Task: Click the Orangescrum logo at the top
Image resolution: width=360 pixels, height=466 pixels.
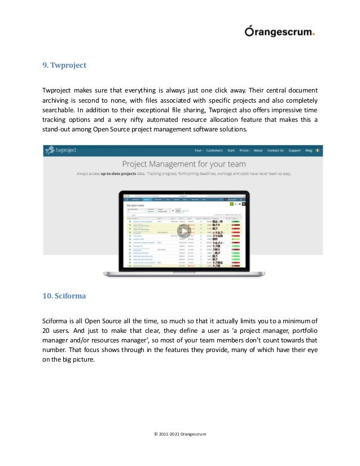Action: pyautogui.click(x=279, y=32)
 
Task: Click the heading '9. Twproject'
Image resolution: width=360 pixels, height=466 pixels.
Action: pyautogui.click(x=64, y=65)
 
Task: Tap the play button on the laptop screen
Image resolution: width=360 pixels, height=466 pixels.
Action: pyautogui.click(x=181, y=232)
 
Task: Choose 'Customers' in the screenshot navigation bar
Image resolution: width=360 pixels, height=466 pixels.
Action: pyautogui.click(x=214, y=151)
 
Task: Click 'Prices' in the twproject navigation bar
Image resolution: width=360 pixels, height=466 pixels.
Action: pyautogui.click(x=243, y=151)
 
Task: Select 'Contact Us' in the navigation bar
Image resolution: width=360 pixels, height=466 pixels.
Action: pyautogui.click(x=275, y=151)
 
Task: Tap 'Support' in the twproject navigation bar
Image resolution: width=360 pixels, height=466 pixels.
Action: pyautogui.click(x=295, y=151)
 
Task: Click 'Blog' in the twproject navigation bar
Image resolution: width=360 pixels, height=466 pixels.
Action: pyautogui.click(x=309, y=151)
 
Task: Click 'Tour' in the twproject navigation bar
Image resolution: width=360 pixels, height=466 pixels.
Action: pyautogui.click(x=199, y=151)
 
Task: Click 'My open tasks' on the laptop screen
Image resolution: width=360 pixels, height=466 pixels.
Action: pyautogui.click(x=136, y=206)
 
